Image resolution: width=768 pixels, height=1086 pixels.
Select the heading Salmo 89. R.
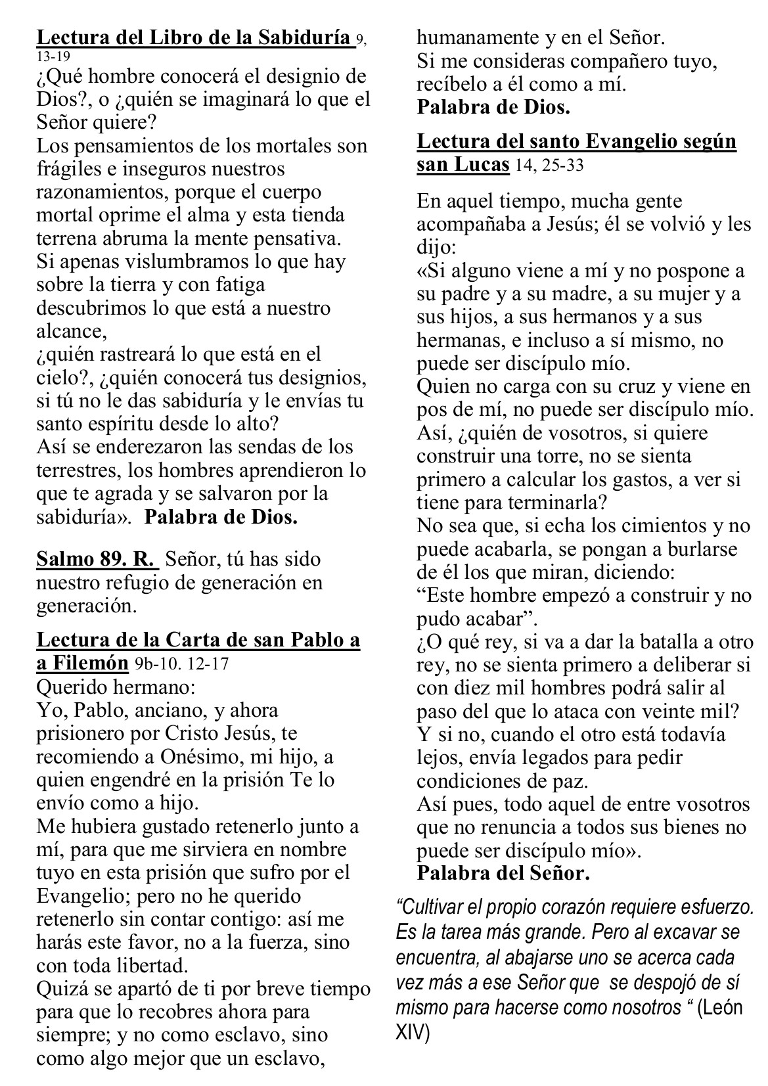(x=97, y=559)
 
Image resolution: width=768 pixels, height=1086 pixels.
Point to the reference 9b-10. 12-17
(x=182, y=664)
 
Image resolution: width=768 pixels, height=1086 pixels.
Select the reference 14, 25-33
(x=549, y=166)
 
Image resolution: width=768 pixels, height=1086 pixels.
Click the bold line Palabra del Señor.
(x=503, y=873)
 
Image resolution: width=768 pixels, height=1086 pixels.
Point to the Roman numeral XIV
(x=412, y=1033)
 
